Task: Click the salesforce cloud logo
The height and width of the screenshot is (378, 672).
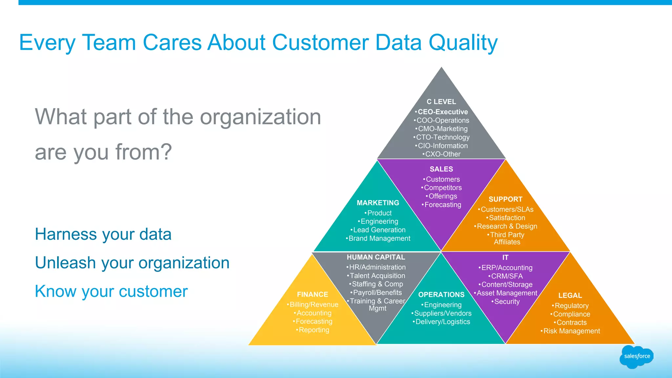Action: point(637,356)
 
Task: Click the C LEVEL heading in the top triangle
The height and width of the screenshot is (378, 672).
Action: point(441,102)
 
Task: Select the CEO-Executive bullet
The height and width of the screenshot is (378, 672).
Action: point(443,112)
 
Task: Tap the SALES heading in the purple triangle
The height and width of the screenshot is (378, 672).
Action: point(441,169)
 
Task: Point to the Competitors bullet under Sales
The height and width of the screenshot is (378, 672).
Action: point(443,188)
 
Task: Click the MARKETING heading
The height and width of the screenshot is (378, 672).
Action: point(378,203)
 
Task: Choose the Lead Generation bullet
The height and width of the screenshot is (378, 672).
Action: point(379,230)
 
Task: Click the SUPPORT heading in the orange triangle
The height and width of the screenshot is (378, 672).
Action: point(505,199)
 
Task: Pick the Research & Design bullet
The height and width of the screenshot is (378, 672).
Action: point(507,226)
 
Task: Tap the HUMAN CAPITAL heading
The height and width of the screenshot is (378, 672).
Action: point(376,257)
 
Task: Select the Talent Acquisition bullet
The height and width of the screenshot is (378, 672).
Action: point(377,276)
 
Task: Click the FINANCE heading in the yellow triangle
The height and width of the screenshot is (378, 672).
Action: point(312,295)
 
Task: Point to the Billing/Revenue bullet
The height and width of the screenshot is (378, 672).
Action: point(314,305)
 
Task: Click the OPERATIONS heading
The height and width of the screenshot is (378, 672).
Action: point(441,295)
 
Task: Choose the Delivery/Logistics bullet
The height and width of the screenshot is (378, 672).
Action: point(443,322)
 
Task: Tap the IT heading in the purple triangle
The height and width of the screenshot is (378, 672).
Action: point(505,258)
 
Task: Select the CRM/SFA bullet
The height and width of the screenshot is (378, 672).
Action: point(507,276)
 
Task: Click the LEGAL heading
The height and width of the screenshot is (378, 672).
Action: point(570,296)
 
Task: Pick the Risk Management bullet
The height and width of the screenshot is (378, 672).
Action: point(571,331)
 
